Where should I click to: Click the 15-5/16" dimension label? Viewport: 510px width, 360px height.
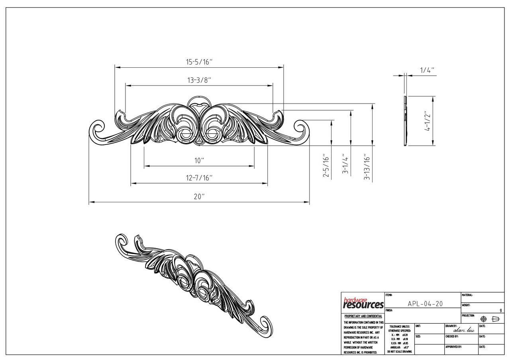(199, 62)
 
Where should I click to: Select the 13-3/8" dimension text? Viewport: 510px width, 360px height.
(199, 80)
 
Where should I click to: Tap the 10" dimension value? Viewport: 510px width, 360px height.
(199, 160)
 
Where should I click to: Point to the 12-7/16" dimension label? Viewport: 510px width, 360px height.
(199, 178)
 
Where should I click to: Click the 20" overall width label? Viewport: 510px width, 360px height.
(199, 196)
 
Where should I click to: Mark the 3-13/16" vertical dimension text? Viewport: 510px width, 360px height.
(367, 167)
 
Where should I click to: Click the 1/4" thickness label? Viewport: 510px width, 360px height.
(426, 70)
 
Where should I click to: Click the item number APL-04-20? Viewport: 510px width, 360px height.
(425, 303)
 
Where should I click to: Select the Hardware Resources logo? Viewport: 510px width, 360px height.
(363, 303)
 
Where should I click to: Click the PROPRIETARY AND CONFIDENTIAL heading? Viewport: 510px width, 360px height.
(363, 316)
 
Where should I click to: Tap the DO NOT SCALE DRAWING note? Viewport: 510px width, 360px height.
(399, 352)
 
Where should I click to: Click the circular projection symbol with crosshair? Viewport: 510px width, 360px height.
(484, 319)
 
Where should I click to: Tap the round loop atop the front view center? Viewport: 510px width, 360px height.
(199, 100)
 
